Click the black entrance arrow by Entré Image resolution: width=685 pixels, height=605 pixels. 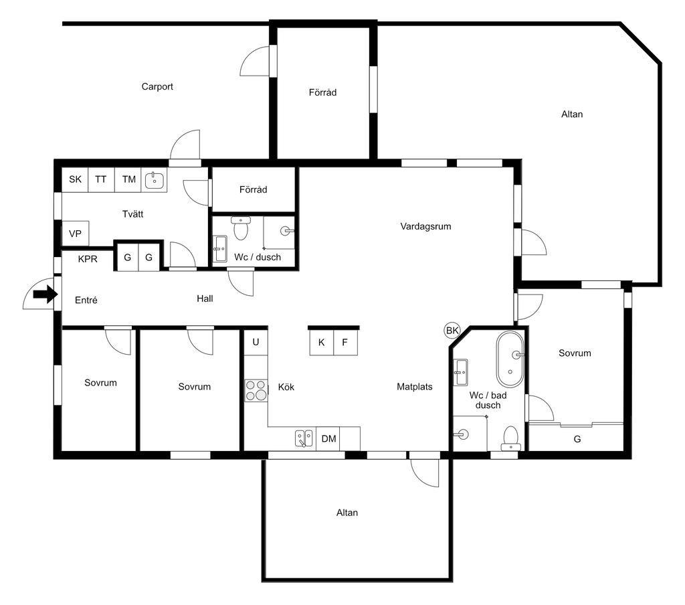coord(45,294)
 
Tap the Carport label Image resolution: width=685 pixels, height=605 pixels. coord(157,86)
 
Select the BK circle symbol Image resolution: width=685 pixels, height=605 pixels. coord(452,331)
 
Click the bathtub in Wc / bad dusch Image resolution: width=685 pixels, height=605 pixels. coord(510,359)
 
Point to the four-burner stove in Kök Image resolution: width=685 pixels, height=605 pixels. coord(256,390)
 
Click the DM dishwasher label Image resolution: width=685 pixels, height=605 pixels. coord(328,438)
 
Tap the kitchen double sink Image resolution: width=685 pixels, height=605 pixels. coord(304,438)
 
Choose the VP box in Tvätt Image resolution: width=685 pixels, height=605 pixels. coord(76,234)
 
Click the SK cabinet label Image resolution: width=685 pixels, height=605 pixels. coord(75,179)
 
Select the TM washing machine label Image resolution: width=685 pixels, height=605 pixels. coord(129,179)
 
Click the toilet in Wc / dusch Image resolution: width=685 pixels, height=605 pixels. coord(240,228)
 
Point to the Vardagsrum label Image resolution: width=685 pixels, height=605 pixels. coord(425,226)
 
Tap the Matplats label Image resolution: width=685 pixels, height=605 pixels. coord(415,387)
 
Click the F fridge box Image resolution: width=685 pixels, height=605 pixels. coord(346,342)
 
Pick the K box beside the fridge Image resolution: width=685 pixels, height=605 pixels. coord(322,342)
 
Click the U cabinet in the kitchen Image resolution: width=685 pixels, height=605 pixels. coord(256,342)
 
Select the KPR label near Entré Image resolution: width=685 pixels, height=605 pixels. coord(88,259)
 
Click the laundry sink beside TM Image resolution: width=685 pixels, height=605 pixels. coord(155,179)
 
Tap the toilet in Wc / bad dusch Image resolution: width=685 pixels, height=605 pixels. coord(510,438)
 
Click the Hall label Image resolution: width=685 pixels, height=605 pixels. coord(205,298)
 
